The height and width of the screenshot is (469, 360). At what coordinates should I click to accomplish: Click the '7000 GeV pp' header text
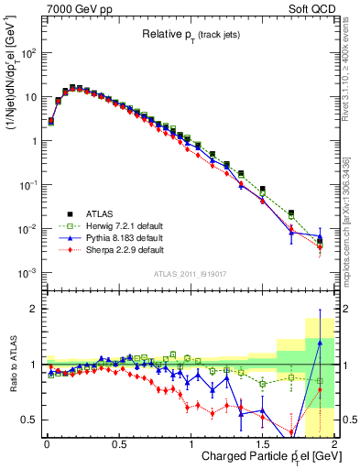77,8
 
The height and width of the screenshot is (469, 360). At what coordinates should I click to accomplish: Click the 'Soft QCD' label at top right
311,8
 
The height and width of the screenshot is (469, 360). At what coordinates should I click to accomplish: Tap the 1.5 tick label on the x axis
263,443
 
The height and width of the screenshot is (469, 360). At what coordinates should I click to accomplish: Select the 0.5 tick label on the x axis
118,443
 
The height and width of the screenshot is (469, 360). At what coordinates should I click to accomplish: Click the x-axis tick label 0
46,443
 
